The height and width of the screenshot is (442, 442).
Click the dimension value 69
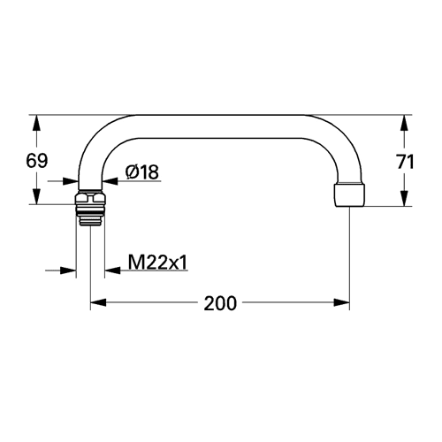pyautogui.click(x=37, y=161)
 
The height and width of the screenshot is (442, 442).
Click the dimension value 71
pyautogui.click(x=406, y=162)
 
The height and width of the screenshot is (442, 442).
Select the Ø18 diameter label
pyautogui.click(x=141, y=172)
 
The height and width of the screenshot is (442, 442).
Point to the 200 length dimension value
pyautogui.click(x=220, y=303)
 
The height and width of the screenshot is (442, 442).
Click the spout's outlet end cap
pyautogui.click(x=349, y=195)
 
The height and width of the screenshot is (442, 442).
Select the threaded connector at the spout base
pyautogui.click(x=90, y=209)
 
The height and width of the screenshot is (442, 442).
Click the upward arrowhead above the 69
pyautogui.click(x=36, y=123)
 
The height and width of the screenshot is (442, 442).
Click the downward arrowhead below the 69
pyautogui.click(x=36, y=196)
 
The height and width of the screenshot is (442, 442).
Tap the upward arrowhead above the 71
pyautogui.click(x=405, y=123)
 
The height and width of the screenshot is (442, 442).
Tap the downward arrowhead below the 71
pyautogui.click(x=405, y=198)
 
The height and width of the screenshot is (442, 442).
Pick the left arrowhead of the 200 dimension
pyautogui.click(x=98, y=302)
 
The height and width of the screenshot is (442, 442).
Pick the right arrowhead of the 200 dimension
pyautogui.click(x=341, y=302)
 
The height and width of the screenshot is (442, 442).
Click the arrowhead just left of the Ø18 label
pyautogui.click(x=110, y=181)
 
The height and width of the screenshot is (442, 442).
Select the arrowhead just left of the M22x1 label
pyautogui.click(x=112, y=270)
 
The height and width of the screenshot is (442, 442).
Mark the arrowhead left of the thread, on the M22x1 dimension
pyautogui.click(x=68, y=270)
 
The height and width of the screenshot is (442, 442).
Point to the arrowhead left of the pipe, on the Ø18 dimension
pyautogui.click(x=71, y=181)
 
